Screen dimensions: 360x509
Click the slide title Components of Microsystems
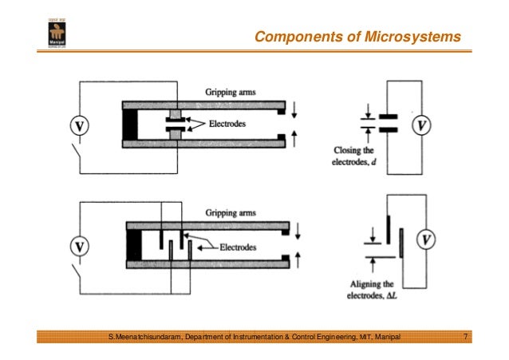pyautogui.click(x=357, y=37)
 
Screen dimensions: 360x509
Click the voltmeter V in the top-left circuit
pyautogui.click(x=80, y=125)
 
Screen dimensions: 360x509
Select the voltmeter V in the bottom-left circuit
pyautogui.click(x=80, y=247)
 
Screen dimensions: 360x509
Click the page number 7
pyautogui.click(x=465, y=341)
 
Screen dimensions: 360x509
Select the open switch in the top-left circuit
pyautogui.click(x=80, y=154)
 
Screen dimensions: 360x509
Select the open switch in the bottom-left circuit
pyautogui.click(x=80, y=275)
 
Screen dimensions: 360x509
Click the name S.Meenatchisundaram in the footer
pyautogui.click(x=145, y=341)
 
